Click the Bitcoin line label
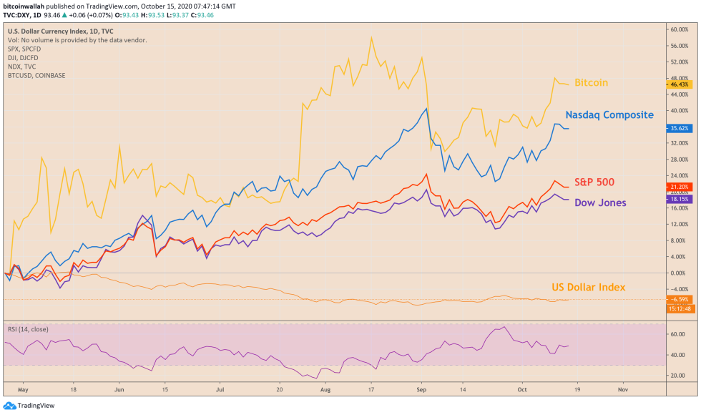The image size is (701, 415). (591, 83)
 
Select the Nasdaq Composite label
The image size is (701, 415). (609, 114)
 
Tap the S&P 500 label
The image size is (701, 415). (594, 182)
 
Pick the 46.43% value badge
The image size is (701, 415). (679, 84)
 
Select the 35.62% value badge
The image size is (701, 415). (679, 129)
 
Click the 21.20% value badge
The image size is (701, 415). (679, 187)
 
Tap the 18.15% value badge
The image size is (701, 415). (679, 200)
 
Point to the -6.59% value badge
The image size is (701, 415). (679, 299)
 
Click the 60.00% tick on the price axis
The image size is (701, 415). (678, 29)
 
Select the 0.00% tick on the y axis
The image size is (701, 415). (677, 273)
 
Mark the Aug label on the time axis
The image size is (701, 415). (326, 391)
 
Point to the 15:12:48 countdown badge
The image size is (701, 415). (679, 308)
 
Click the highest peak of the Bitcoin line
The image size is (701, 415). (371, 38)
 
